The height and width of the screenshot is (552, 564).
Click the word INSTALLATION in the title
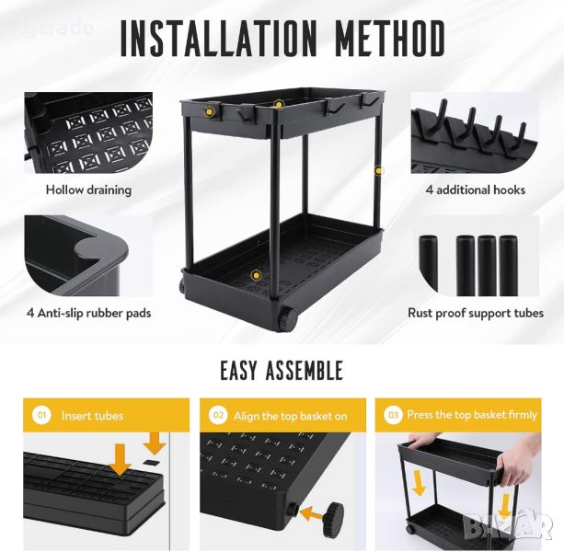tap(219, 39)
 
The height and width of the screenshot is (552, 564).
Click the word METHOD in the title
tap(391, 39)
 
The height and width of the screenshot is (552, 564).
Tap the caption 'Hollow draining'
tap(88, 190)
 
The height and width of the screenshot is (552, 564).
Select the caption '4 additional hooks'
tap(476, 190)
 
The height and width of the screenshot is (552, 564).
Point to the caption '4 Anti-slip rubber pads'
tap(88, 313)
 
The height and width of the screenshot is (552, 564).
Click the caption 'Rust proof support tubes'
tap(476, 313)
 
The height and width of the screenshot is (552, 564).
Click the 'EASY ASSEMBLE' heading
tap(282, 371)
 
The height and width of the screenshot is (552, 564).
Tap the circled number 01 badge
tap(41, 415)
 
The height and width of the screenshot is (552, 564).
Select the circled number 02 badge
tap(218, 415)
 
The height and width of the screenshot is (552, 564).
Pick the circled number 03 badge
tap(393, 415)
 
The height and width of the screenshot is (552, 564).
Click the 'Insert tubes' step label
tap(92, 416)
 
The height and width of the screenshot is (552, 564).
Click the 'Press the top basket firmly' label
tap(472, 415)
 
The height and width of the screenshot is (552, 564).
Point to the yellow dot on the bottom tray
tap(256, 275)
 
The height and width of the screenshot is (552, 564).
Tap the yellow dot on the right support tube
tap(379, 170)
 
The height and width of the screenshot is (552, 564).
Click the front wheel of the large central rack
tap(289, 318)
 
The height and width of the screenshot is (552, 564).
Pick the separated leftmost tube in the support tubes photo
tap(428, 264)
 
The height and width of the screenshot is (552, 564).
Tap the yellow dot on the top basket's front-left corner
tap(209, 111)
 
